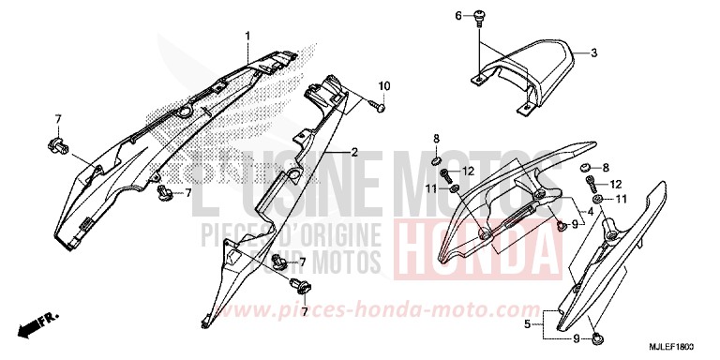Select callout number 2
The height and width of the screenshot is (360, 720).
[x=354, y=152]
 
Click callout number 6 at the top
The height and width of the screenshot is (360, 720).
[x=458, y=16]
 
